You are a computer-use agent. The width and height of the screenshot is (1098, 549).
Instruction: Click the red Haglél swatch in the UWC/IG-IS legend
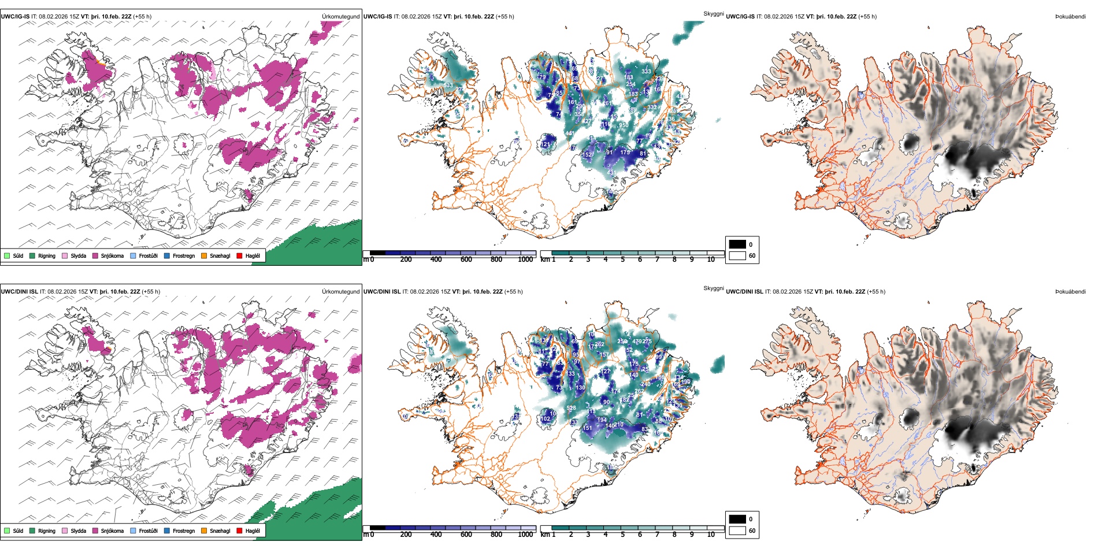(239, 255)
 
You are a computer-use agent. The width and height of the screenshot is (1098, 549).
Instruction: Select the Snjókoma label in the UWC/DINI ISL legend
(112, 531)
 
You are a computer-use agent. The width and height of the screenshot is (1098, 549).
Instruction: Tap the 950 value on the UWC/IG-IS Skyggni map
(623, 125)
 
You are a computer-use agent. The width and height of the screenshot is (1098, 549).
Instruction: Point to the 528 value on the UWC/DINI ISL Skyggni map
(571, 408)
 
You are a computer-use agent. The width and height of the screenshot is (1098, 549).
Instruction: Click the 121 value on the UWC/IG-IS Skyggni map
(545, 144)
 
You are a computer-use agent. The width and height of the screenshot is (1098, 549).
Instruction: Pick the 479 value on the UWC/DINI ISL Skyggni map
(636, 342)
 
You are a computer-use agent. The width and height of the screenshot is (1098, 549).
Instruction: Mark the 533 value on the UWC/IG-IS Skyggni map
(448, 86)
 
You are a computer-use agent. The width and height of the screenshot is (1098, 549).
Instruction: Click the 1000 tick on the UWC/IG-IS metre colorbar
(525, 259)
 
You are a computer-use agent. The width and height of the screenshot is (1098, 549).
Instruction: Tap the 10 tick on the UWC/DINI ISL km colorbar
(711, 535)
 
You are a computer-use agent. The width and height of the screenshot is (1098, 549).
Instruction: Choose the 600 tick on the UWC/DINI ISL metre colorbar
(466, 535)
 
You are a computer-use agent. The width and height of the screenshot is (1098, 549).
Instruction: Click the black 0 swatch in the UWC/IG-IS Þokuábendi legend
(737, 244)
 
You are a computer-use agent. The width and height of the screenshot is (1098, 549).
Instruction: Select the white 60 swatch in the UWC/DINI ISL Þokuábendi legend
(737, 530)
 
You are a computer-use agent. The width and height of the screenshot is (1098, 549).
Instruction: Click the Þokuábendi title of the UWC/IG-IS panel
(1070, 17)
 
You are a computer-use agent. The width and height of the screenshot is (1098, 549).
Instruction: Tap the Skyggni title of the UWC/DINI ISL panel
(713, 288)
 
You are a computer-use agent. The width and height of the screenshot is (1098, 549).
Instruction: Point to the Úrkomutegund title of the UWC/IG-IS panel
(340, 17)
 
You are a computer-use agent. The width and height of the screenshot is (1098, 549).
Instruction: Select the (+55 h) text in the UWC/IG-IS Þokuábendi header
(865, 17)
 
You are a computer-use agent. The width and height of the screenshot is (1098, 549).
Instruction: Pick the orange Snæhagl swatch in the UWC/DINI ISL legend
(204, 531)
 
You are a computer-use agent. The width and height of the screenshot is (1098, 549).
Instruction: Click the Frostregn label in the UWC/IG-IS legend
(184, 255)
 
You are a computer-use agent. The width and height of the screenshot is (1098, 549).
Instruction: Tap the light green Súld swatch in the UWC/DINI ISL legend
(7, 531)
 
